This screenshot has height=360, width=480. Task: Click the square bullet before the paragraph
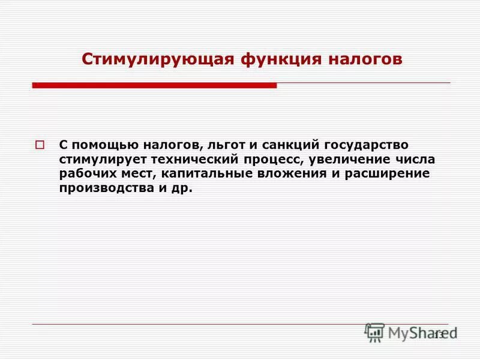pos(40,145)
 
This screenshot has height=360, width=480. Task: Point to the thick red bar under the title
pos(154,86)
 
